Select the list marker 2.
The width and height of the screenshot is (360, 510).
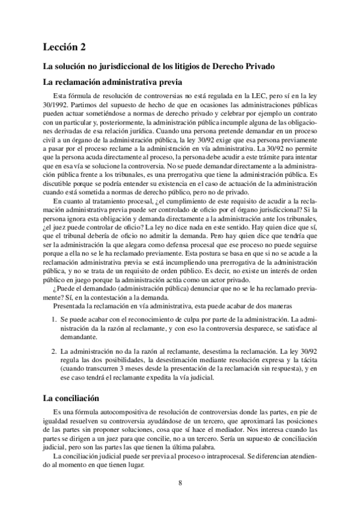coord(53,349)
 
